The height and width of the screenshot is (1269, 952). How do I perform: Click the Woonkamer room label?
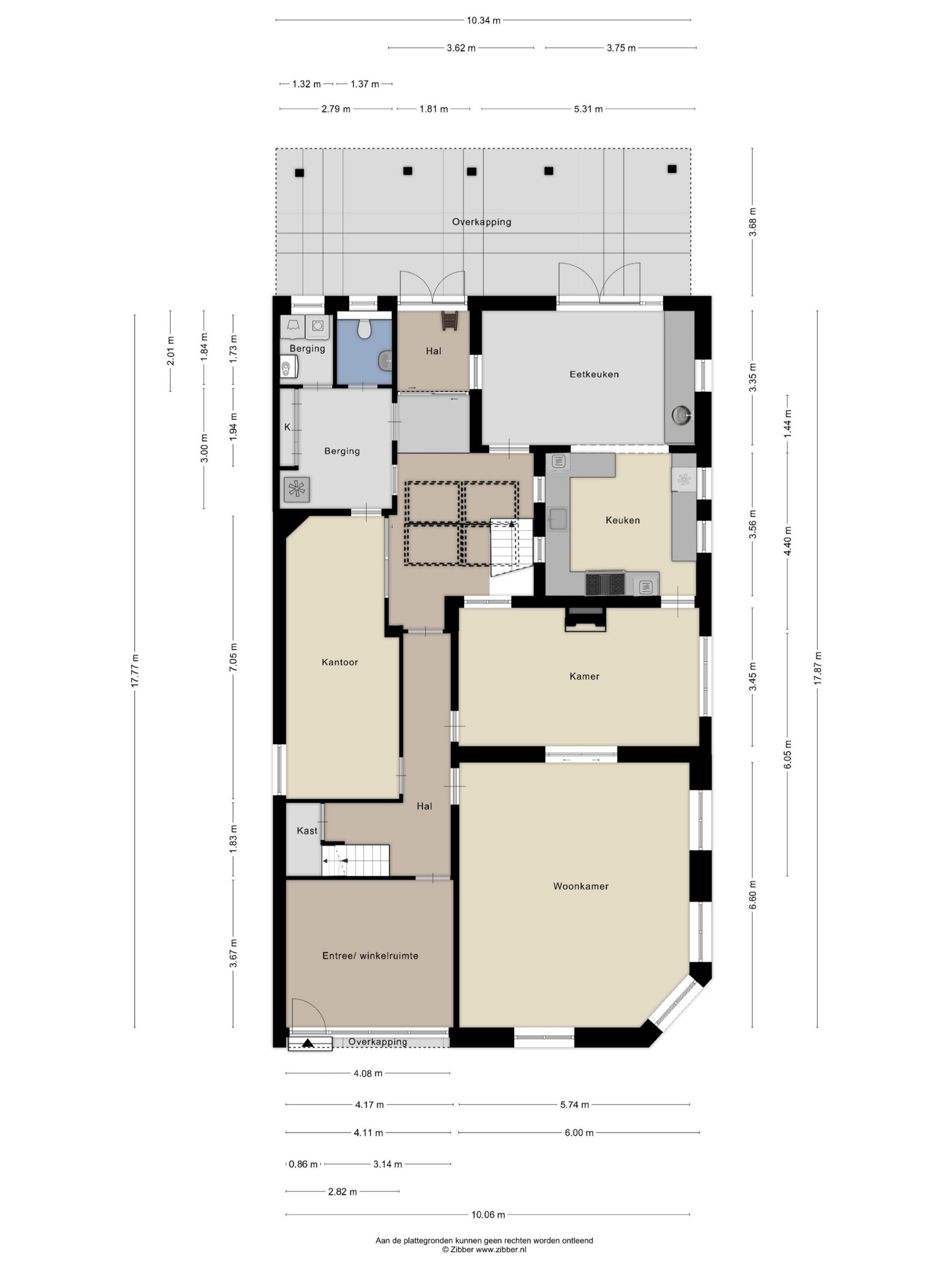pos(580,886)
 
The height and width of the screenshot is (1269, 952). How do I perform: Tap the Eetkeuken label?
pos(594,374)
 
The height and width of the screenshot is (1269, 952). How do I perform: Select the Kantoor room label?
pos(340,662)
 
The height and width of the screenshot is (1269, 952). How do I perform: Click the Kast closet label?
pos(307,830)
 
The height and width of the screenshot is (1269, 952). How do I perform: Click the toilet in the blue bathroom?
pos(364,329)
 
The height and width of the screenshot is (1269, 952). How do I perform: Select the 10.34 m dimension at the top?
pos(483,20)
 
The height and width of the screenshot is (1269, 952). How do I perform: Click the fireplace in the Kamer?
pos(585,619)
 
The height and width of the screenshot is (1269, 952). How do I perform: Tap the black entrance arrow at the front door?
pos(309,1043)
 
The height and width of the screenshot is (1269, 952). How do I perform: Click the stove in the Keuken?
pos(605,584)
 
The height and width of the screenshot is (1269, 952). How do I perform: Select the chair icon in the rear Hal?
pos(449,320)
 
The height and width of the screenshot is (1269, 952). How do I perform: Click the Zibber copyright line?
pos(484,1249)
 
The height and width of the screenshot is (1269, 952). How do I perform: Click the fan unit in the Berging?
pos(297,489)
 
